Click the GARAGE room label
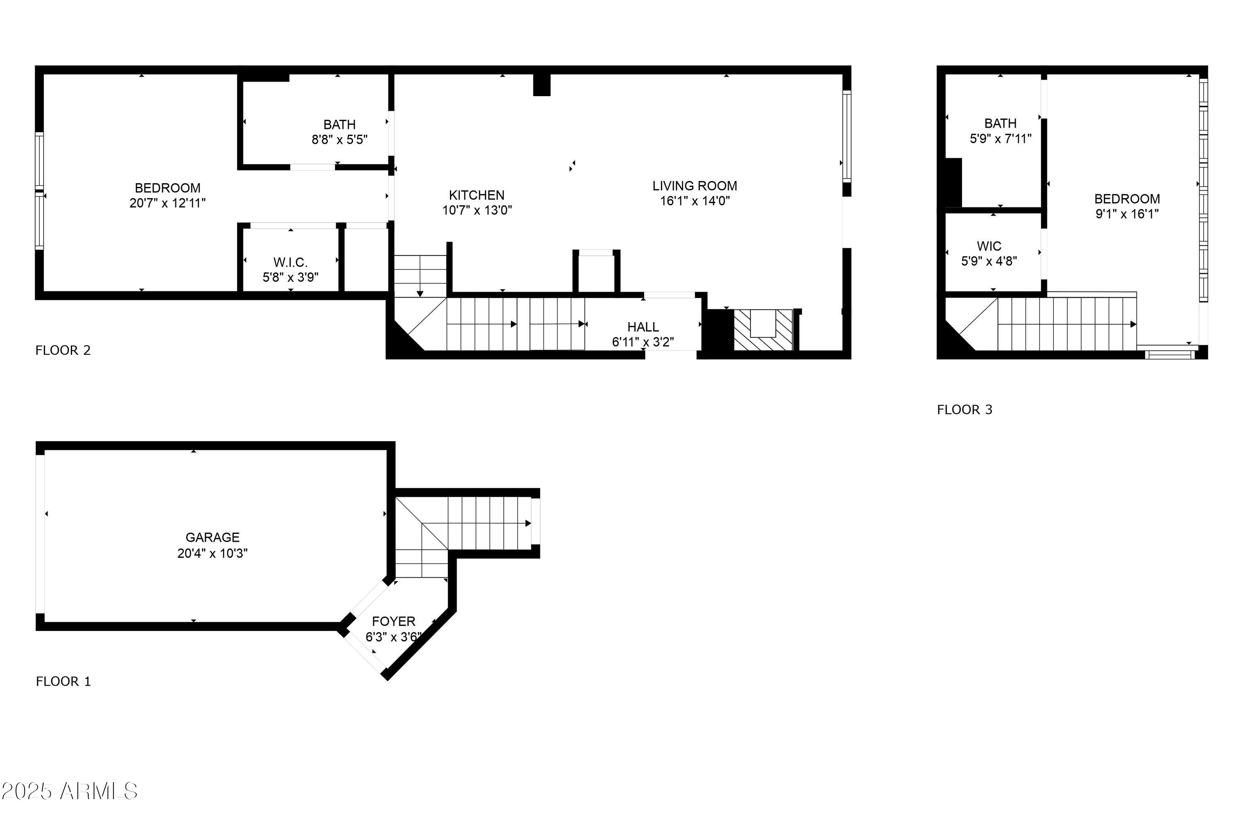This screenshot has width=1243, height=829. point(213,537)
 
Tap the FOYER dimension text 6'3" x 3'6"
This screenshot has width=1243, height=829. point(393,637)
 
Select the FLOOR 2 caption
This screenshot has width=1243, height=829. point(63,350)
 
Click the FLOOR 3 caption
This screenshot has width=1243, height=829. point(965,410)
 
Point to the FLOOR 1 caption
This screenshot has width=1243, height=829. point(63,681)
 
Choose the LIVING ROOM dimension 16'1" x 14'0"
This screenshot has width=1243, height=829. point(694,201)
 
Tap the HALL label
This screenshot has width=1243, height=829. point(643,327)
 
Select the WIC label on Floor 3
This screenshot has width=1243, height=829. point(989,246)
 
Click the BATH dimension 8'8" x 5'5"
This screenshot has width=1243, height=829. point(339,140)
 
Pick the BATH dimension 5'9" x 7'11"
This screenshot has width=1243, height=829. point(1001,138)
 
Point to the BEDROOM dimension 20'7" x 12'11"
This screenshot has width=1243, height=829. point(167,203)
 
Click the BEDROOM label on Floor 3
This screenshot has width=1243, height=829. point(1127,199)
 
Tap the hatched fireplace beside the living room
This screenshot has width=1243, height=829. point(763,330)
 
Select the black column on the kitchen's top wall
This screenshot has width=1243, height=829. point(541,85)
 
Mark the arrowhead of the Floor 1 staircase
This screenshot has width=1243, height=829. point(528,524)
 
